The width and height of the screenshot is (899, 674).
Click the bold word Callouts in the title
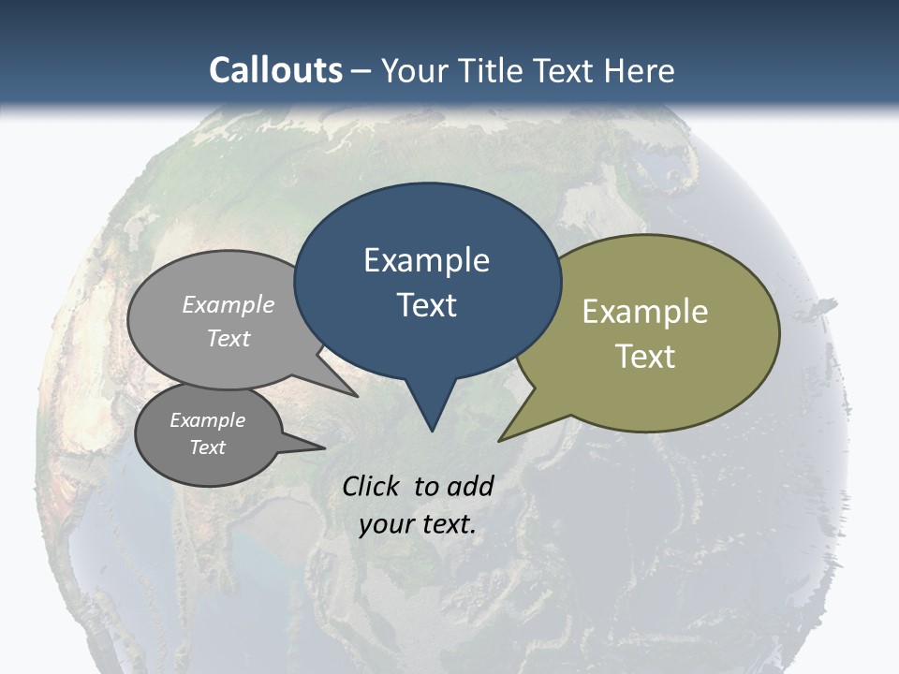click(275, 70)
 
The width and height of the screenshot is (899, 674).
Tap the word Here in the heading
click(640, 70)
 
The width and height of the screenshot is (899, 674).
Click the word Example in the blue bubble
click(426, 260)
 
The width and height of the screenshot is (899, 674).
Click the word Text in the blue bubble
click(426, 305)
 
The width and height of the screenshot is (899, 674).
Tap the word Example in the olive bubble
click(644, 312)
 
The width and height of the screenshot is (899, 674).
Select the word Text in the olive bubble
click(644, 357)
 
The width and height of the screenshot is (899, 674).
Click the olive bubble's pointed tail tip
click(500, 440)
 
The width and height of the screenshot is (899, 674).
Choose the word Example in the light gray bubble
click(228, 304)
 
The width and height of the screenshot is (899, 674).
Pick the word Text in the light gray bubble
click(228, 338)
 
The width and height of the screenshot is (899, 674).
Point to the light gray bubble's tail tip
click(357, 396)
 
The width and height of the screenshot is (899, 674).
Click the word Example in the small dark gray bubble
click(207, 420)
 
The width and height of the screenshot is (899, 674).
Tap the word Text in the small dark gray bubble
click(207, 447)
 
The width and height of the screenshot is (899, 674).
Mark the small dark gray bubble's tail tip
click(324, 447)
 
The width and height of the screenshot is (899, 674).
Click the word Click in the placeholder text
click(372, 486)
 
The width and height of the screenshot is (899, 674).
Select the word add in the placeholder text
click(469, 486)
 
